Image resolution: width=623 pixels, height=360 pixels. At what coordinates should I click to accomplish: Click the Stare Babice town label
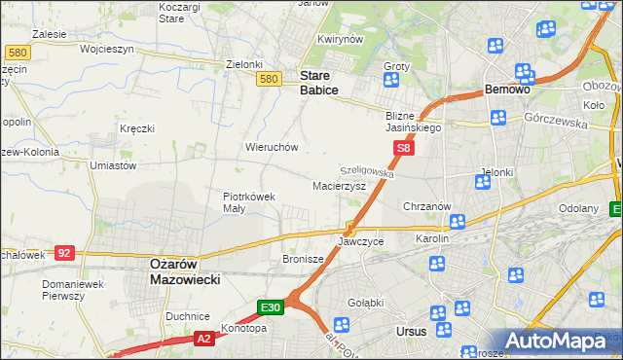pos(319,83)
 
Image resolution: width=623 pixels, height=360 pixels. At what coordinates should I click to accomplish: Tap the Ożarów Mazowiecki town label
pos(185,270)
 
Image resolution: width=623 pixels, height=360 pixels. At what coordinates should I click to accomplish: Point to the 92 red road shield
pos(64,253)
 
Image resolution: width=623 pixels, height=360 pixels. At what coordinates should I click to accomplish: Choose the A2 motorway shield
pos(203,339)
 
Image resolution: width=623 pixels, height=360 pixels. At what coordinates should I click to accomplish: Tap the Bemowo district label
pos(507,90)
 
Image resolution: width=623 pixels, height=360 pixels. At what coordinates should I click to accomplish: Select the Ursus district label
pos(412,332)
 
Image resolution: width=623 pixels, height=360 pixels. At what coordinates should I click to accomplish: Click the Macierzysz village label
pos(339,185)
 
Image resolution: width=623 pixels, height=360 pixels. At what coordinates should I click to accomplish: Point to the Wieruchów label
pos(271,147)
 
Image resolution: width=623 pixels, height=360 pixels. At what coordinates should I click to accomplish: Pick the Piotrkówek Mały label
pos(249,201)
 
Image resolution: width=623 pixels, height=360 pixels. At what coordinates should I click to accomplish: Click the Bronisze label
pos(302,259)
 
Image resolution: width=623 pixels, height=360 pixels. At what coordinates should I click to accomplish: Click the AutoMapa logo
pos(558,340)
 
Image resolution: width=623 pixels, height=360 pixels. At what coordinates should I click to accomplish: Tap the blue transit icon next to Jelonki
pos(483,180)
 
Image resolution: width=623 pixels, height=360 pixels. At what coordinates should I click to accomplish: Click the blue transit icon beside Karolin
pos(457,223)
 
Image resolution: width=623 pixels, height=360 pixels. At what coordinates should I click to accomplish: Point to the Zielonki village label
pos(244,64)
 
